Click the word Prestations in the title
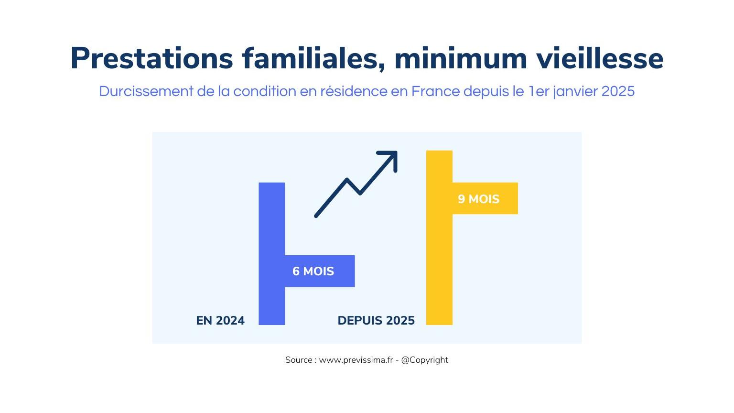[151, 59]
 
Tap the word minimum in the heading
[460, 59]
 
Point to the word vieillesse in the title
[599, 59]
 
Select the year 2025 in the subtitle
[618, 91]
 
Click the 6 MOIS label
[313, 272]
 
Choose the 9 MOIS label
[478, 199]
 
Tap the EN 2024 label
[220, 320]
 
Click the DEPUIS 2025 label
[376, 320]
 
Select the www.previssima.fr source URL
[356, 360]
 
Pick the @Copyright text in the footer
[424, 360]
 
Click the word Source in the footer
[299, 360]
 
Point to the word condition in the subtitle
[265, 91]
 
